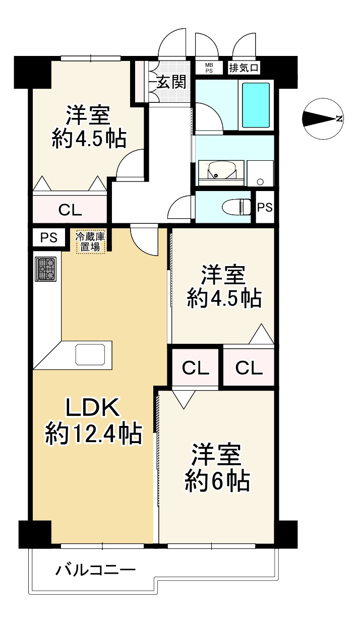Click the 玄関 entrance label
pyautogui.click(x=171, y=82)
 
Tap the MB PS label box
pyautogui.click(x=209, y=68)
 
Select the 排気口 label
pyautogui.click(x=244, y=68)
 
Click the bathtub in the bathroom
pyautogui.click(x=256, y=105)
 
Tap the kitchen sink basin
pyautogui.click(x=90, y=354)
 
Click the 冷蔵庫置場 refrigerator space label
pyautogui.click(x=90, y=242)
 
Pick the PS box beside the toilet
pyautogui.click(x=265, y=207)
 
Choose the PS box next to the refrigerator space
pyautogui.click(x=49, y=237)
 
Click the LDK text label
pyautogui.click(x=92, y=407)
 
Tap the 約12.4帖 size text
pyautogui.click(x=93, y=434)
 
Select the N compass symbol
pyautogui.click(x=322, y=118)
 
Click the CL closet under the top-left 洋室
pyautogui.click(x=70, y=209)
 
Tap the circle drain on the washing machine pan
pyautogui.click(x=260, y=182)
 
